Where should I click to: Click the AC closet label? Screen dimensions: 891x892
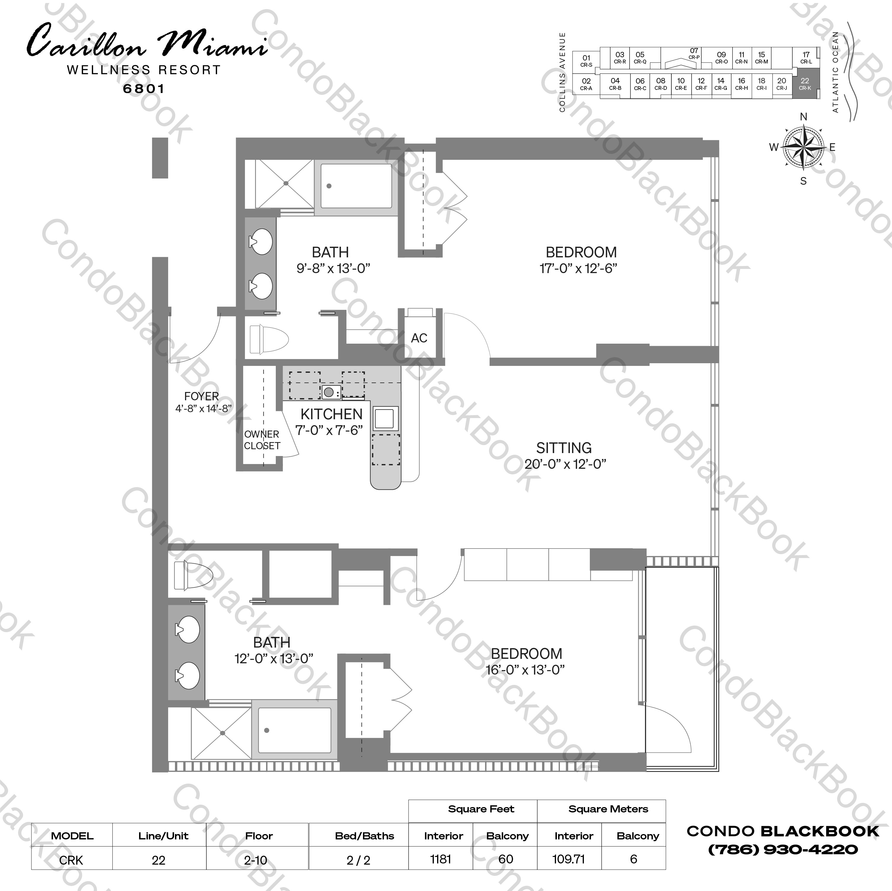pos(419,338)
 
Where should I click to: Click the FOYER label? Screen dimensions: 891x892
pos(201,396)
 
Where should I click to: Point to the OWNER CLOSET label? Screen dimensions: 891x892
pos(262,440)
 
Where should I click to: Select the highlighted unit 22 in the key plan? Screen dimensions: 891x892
pos(805,84)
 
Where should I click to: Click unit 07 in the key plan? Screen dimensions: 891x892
pos(694,54)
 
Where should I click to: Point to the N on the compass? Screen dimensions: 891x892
pos(803,117)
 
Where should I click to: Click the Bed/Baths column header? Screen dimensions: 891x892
pos(364,836)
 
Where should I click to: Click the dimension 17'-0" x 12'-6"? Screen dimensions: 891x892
pos(578,268)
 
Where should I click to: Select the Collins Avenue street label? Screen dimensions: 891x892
pos(562,72)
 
